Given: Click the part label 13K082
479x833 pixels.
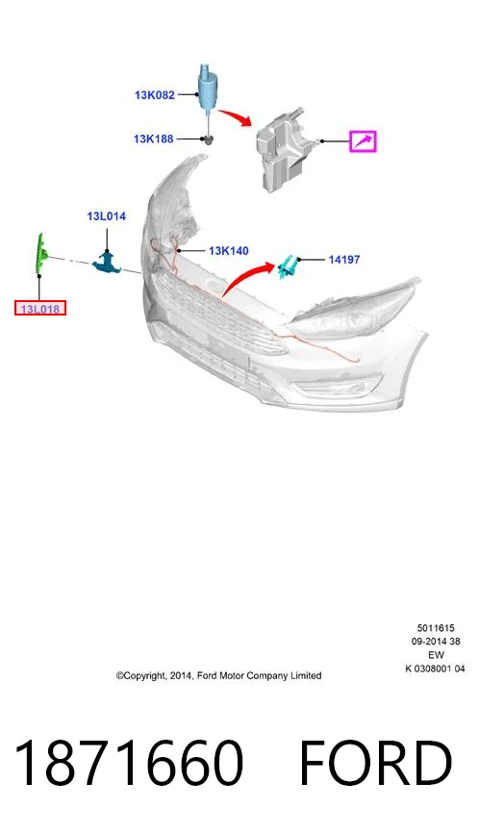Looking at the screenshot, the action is [155, 95].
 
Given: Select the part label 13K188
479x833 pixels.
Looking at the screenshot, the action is [154, 139].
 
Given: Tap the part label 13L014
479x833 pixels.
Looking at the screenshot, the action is [106, 216].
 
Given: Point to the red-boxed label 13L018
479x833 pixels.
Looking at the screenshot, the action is [40, 308].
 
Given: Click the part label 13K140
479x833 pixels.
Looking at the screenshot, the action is [228, 251].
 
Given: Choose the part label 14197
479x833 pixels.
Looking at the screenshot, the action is [344, 260].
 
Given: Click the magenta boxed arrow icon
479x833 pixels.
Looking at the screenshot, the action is [363, 141].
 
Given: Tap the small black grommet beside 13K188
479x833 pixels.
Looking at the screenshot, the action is [209, 139].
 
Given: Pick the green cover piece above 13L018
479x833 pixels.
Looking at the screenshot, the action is [40, 255].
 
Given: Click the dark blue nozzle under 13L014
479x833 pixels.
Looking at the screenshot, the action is [108, 263].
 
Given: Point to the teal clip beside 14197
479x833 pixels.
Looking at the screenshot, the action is [288, 266].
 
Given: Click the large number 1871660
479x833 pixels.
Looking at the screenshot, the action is [129, 763].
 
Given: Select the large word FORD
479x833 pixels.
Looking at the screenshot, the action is [376, 763].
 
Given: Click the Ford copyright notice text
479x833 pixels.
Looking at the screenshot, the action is [218, 676].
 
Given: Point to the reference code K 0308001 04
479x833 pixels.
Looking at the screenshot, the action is [435, 669].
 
